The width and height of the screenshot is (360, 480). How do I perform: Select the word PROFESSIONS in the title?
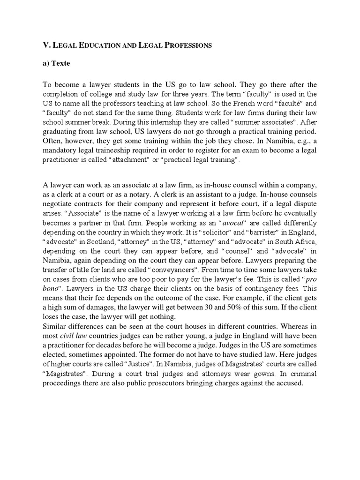click(187, 45)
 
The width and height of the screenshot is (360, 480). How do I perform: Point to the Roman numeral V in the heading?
click(46, 45)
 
